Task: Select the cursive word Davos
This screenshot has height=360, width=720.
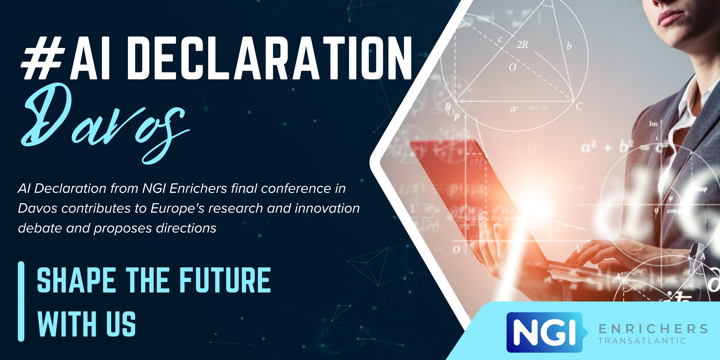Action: click(x=106, y=123)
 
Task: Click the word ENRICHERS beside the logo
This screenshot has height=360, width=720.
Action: click(x=653, y=329)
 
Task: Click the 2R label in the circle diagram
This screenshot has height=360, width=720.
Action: click(x=522, y=45)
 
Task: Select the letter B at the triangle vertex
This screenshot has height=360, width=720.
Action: click(x=448, y=106)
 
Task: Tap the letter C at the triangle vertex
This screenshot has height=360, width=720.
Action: click(x=579, y=106)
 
